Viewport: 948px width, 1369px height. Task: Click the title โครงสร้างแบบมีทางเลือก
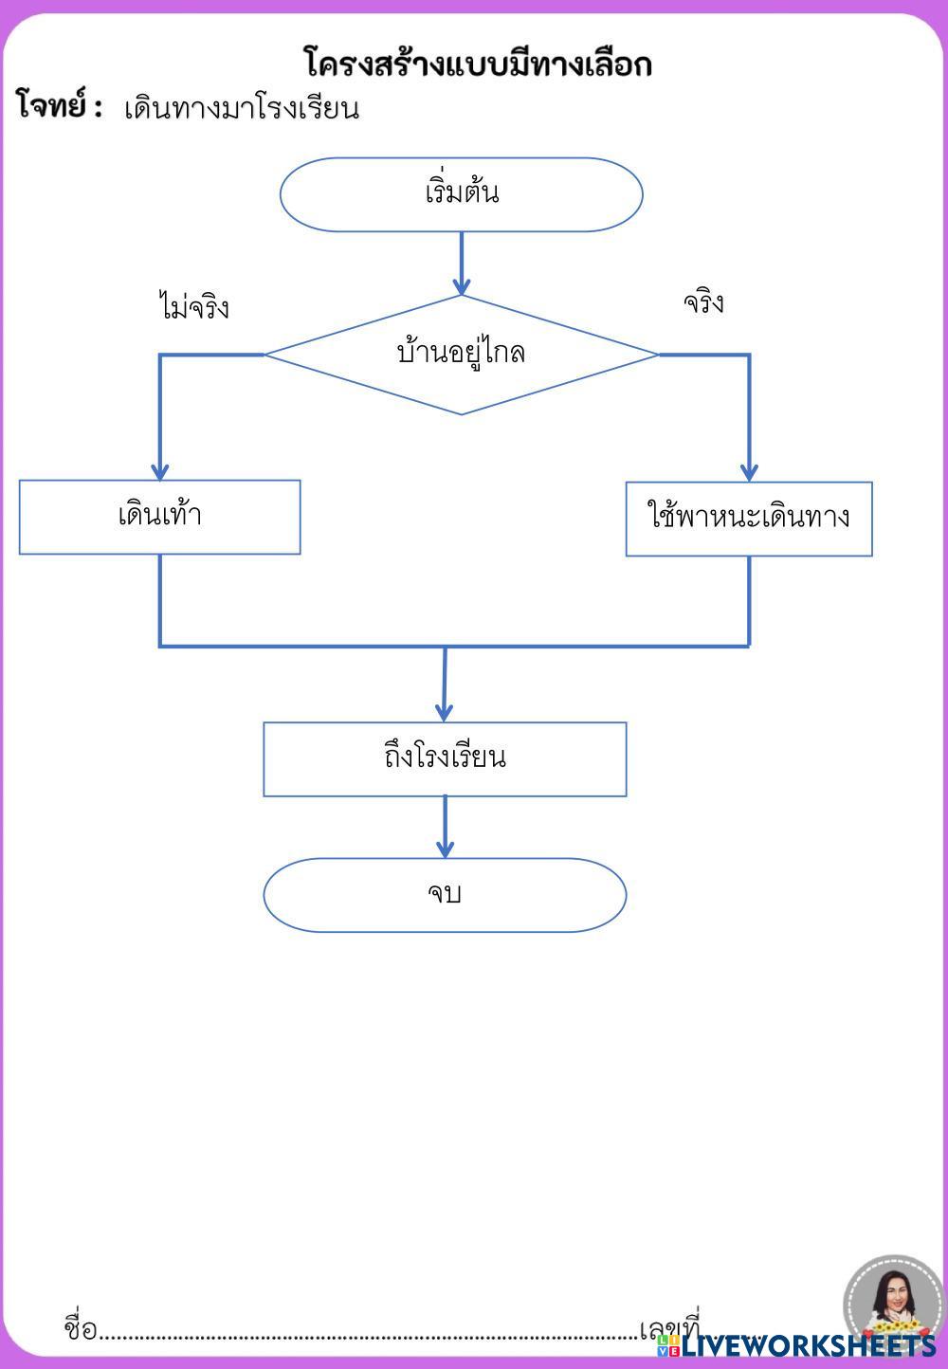[x=478, y=63]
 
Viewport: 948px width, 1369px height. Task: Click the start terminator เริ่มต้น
[x=462, y=194]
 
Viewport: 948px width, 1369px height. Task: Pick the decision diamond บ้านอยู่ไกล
[x=462, y=355]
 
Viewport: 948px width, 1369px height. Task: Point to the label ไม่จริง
[x=193, y=305]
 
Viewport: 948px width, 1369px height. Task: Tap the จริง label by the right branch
[x=703, y=302]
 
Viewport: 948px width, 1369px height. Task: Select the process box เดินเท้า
[x=159, y=517]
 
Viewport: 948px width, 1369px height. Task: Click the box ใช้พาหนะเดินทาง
[x=749, y=519]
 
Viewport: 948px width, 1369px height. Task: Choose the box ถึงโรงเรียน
[x=445, y=759]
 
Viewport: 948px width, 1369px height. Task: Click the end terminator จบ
[x=445, y=895]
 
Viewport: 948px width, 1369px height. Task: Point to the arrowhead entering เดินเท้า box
[x=160, y=472]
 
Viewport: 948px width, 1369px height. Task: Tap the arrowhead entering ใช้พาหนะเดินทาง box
[x=749, y=473]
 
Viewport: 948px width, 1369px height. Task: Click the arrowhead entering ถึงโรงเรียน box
[x=445, y=713]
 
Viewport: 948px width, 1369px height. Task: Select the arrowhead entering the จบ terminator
[x=445, y=849]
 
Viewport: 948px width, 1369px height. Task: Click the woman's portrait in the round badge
[x=894, y=1303]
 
